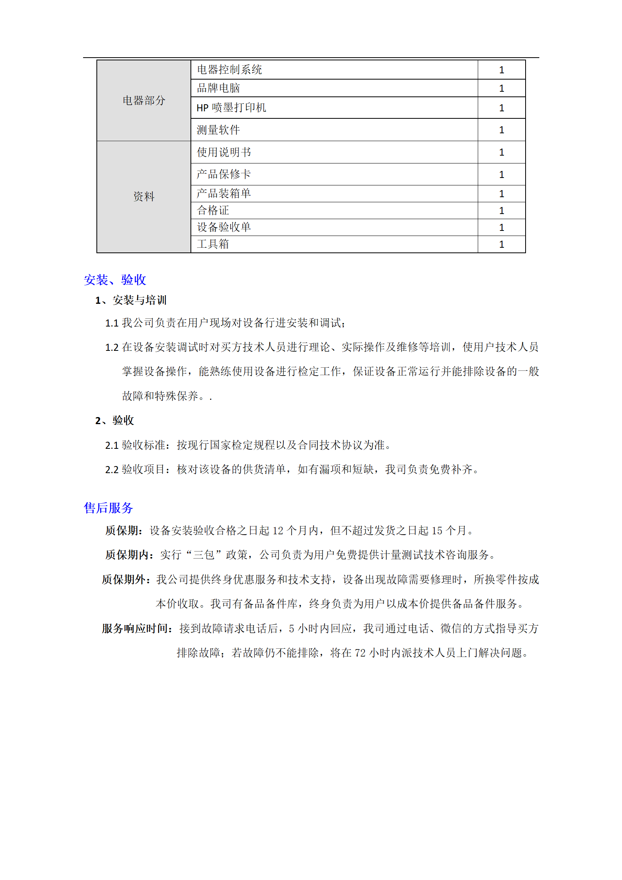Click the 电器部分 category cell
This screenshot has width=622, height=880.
[144, 100]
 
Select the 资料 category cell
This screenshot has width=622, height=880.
[144, 196]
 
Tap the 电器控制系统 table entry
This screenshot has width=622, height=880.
[229, 70]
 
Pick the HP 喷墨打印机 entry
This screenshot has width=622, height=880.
[231, 108]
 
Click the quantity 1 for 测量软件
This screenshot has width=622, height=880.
[501, 130]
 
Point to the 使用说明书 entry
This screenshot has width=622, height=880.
[224, 152]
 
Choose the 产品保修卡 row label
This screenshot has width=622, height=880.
[224, 174]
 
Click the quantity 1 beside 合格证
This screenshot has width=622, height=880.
[501, 211]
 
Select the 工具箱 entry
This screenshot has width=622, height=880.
[213, 244]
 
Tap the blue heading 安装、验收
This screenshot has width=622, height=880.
[115, 280]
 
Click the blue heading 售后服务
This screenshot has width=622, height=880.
[109, 508]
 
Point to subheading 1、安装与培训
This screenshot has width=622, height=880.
[131, 301]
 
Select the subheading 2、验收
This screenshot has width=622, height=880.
[114, 421]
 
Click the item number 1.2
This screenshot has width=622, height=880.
[112, 348]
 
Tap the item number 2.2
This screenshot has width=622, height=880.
[112, 470]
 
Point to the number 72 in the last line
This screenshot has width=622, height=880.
[360, 653]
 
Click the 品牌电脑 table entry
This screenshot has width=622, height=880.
[218, 88]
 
